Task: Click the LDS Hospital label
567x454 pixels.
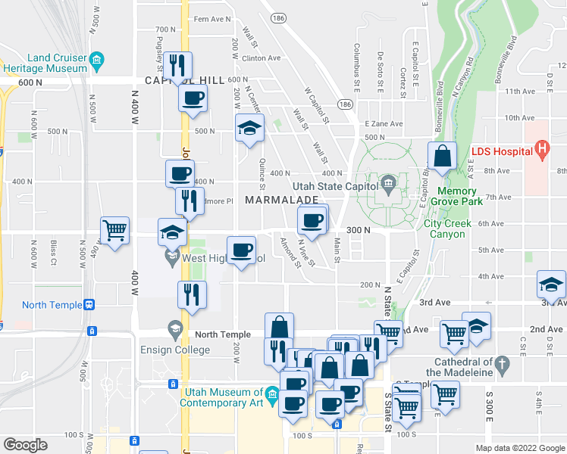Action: pos(502,151)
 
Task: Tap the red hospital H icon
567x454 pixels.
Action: pos(542,151)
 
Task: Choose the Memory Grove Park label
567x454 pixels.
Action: pos(456,197)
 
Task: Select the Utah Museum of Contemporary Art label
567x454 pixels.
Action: pos(221,397)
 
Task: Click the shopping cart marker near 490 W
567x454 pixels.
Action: pos(114,230)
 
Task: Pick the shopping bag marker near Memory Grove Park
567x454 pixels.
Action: pos(442,156)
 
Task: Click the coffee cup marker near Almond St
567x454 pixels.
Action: pos(312,221)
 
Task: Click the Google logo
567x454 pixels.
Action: pos(25,445)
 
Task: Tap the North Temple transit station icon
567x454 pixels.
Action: pos(89,305)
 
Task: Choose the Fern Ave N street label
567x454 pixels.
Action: pos(212,19)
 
